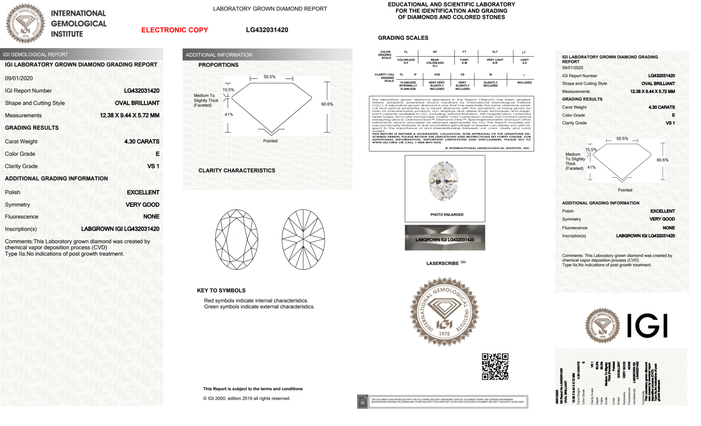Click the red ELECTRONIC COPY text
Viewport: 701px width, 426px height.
coord(174,30)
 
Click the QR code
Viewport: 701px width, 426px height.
coord(495,367)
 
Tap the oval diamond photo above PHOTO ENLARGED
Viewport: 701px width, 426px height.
coord(444,181)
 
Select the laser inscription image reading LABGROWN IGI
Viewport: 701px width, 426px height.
coord(445,238)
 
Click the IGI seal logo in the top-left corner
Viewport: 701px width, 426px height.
coord(25,23)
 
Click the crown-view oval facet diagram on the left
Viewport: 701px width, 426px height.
coord(236,239)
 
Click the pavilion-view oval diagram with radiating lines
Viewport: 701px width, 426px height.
coord(303,239)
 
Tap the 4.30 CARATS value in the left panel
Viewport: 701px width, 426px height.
coord(142,142)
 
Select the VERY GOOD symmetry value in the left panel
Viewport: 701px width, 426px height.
coord(142,205)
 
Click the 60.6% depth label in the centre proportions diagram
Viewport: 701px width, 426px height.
coord(327,104)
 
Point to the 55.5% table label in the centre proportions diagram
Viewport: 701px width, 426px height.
coord(269,77)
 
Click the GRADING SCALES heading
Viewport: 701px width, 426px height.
coord(403,38)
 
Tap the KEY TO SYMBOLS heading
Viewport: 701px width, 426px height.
coord(221,290)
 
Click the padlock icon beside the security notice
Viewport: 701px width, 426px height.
coord(362,402)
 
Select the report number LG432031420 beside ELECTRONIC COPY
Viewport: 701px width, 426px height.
coord(267,30)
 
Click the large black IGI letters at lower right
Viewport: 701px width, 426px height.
coord(647,326)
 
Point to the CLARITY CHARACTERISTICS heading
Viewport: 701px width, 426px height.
coord(236,170)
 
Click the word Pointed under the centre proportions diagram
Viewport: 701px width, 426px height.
coord(270,141)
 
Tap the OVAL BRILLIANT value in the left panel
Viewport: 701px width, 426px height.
coord(137,103)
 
